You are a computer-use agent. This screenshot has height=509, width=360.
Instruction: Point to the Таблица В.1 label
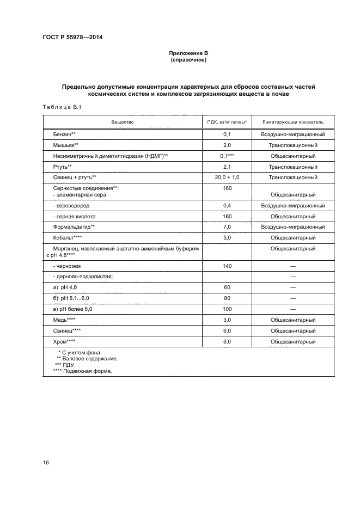coord(61,107)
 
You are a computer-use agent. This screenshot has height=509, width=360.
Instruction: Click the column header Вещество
coord(123,122)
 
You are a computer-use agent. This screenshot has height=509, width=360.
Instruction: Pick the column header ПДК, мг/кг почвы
coord(227,122)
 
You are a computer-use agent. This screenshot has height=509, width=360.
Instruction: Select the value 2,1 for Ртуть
coord(227,167)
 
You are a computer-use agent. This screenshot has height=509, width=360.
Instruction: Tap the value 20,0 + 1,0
coord(227,177)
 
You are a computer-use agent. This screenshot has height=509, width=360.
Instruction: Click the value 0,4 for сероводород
coord(227,206)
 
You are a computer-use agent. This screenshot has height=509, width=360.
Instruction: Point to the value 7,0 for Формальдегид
coord(227,227)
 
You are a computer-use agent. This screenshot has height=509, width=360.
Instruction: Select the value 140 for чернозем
coord(227,266)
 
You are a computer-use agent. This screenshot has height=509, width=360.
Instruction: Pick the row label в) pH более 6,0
coord(73,309)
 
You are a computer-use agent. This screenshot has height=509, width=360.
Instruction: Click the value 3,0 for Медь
coord(227,320)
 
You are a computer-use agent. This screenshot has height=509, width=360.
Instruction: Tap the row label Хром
coord(63,342)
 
